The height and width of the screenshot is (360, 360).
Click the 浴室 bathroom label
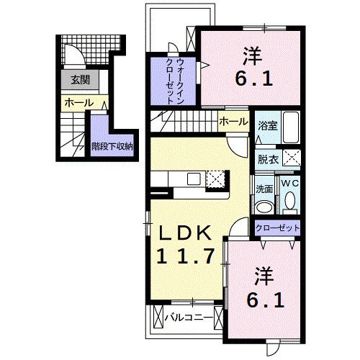(266, 125)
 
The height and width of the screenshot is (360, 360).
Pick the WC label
(289, 184)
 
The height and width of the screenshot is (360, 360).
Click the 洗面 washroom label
(264, 189)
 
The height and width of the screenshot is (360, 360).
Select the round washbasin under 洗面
(264, 207)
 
